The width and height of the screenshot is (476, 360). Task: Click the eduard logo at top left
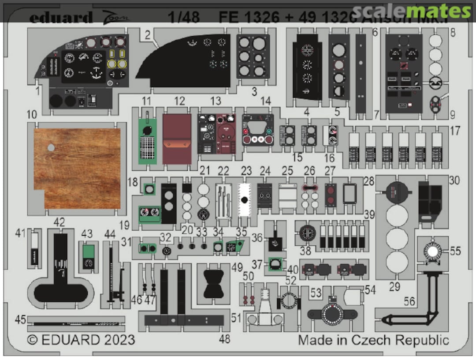(61, 18)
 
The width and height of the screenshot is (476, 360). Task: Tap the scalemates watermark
(412, 11)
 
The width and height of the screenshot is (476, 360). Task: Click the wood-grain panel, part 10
(78, 168)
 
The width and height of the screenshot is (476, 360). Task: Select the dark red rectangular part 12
(177, 139)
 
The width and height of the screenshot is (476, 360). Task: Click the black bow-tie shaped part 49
(214, 283)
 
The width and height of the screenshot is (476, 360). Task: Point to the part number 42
(59, 222)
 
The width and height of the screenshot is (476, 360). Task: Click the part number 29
(394, 287)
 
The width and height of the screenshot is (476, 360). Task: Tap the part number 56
(409, 301)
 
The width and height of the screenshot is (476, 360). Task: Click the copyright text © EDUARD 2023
(81, 340)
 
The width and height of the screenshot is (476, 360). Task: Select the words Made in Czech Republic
(373, 340)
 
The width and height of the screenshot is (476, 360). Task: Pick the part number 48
(225, 339)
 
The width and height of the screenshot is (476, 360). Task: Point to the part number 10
(31, 115)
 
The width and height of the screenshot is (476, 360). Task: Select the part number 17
(455, 131)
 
